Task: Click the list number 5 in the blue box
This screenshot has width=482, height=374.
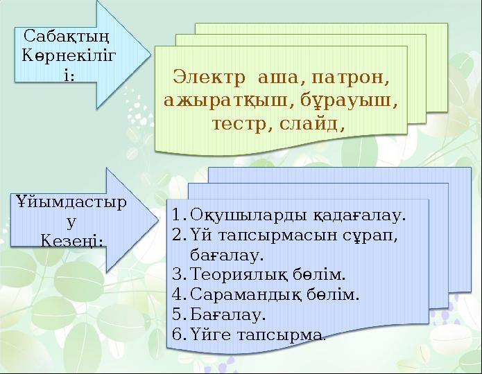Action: click(178, 315)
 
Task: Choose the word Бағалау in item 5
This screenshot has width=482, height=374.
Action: click(225, 315)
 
